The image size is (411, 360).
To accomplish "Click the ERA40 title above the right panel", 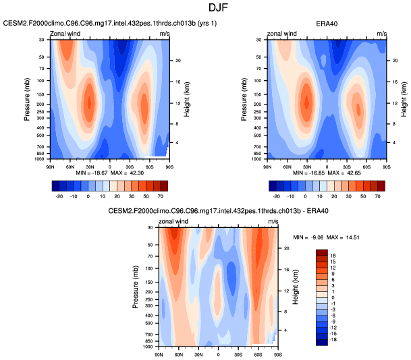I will click(x=327, y=24).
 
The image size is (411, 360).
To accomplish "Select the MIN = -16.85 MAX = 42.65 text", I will click(x=327, y=173).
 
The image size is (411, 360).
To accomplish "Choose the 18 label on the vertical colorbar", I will click(x=333, y=256).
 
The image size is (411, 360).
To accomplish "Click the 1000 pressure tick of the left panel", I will click(x=40, y=159).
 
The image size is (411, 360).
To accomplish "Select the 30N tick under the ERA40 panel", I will click(x=306, y=165).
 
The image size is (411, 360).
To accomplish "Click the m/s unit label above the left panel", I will click(x=165, y=33).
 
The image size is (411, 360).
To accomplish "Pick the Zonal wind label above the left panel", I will click(x=65, y=33).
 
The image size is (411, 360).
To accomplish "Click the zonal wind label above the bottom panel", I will click(x=174, y=221).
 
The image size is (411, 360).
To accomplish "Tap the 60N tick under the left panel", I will click(x=70, y=165).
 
